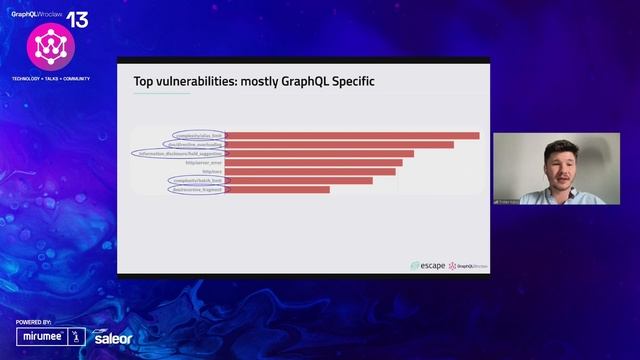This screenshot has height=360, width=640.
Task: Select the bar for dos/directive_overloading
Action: pos(339,145)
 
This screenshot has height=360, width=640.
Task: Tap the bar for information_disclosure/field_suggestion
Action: pos(319,154)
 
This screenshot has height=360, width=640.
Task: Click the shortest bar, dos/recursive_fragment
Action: pos(277,190)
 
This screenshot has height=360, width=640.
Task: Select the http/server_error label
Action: pos(205,163)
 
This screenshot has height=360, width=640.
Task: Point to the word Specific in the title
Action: pos(348,80)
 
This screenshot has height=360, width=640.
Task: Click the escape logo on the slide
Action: pos(427,266)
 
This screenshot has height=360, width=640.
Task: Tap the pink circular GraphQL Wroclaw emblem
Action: pos(44,45)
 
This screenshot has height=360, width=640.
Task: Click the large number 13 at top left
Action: pos(77,20)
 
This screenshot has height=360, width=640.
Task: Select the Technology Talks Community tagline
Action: pos(50,78)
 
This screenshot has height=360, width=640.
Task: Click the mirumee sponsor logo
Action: pos(41,338)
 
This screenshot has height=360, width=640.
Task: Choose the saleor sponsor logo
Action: pos(112,338)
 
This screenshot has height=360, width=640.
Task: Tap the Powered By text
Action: pos(34,323)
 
